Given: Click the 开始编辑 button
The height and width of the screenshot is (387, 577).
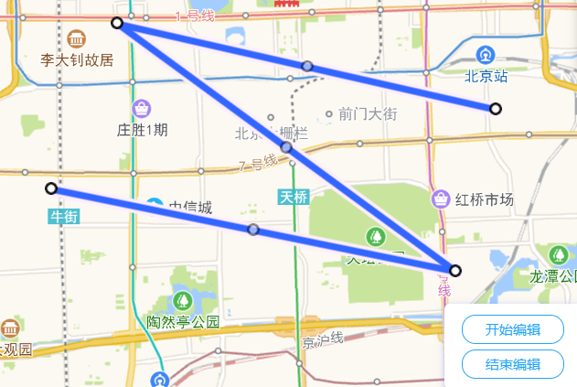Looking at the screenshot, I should click(512, 330).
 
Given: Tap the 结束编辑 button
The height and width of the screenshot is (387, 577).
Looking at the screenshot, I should click(512, 364).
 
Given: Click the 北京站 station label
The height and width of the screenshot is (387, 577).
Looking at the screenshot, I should click(486, 77).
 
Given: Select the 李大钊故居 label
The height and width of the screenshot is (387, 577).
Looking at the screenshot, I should click(77, 59).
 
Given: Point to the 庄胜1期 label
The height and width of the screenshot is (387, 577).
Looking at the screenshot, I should click(143, 130).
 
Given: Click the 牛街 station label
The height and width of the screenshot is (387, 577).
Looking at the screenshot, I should click(64, 216).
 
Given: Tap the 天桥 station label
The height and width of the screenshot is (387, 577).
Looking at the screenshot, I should click(293, 197).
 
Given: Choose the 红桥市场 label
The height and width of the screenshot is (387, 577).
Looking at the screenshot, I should click(485, 200).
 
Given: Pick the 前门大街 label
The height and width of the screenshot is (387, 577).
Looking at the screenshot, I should click(368, 114).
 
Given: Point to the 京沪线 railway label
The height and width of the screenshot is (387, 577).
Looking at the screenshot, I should click(323, 342).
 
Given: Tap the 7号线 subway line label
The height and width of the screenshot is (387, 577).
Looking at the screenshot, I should click(257, 166).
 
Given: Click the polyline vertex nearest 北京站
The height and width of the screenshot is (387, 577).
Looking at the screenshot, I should click(496, 109).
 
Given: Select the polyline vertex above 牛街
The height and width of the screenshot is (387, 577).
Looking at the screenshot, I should click(51, 188).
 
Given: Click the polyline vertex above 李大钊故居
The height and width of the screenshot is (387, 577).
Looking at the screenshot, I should click(117, 23).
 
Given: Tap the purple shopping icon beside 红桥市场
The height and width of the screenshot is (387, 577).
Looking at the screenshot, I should click(441, 199).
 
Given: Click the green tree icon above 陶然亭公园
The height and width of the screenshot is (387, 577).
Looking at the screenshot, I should click(183, 300).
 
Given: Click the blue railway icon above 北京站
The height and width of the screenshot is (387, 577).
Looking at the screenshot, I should click(486, 54).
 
